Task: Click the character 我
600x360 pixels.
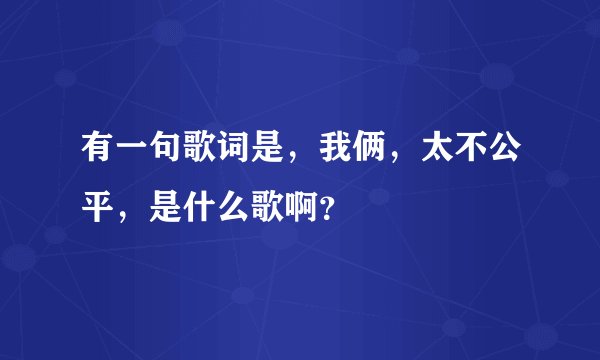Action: (338, 150)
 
